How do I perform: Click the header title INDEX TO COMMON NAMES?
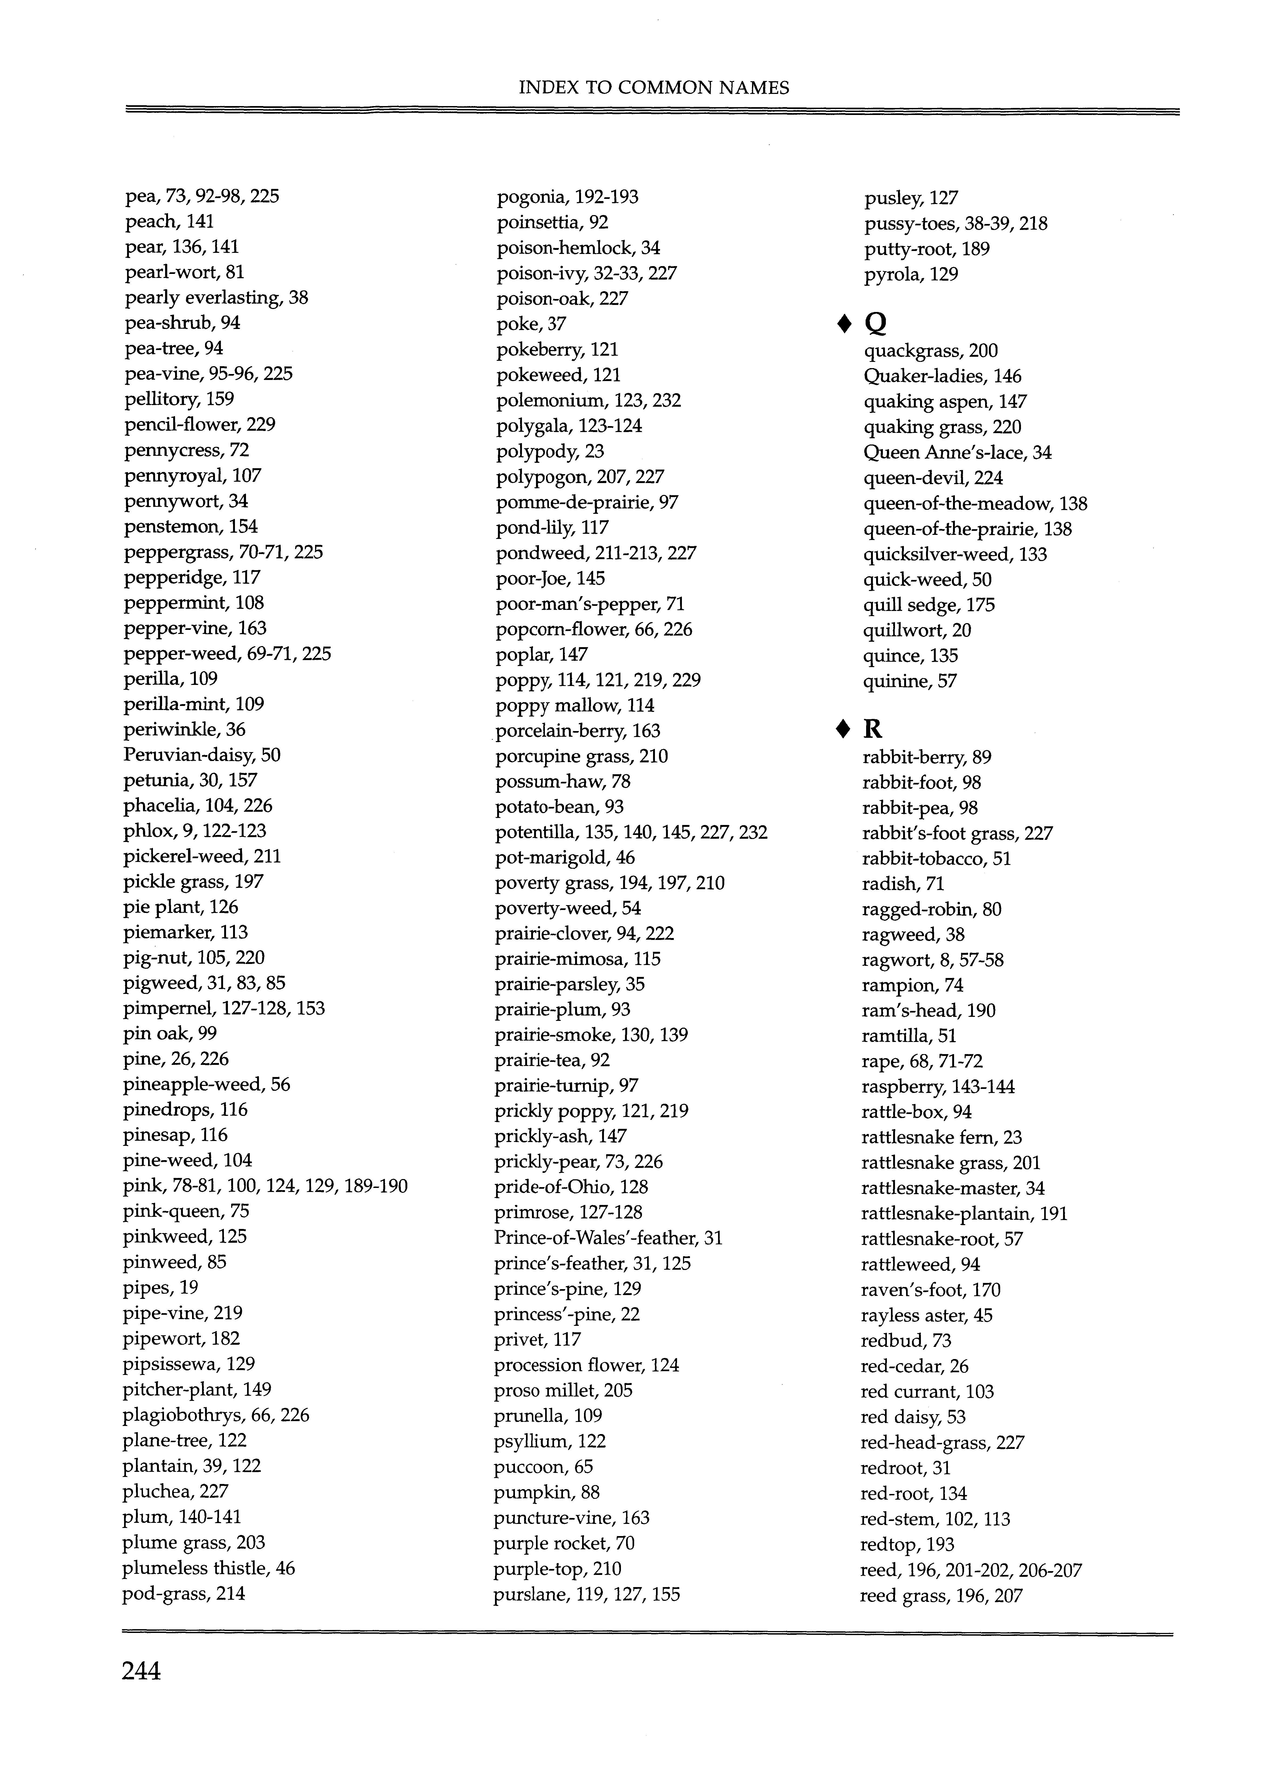653,87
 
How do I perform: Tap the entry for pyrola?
911,274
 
